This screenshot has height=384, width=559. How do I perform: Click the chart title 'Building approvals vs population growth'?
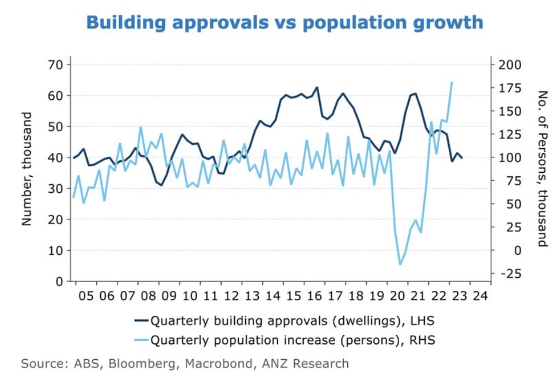pos(284,23)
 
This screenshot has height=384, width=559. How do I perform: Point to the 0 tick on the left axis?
pos(59,281)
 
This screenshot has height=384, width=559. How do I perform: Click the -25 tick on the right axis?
pos(508,274)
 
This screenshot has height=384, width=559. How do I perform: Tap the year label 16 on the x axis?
pos(313,296)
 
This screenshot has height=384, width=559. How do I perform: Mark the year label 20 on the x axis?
pos(396,296)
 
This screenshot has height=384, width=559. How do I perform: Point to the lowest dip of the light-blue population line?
pos(399,264)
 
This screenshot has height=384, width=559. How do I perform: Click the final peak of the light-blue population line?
pos(452,82)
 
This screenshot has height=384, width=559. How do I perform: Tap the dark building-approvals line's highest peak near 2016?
pos(317,87)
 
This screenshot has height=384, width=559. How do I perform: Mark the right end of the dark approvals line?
pos(462,157)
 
